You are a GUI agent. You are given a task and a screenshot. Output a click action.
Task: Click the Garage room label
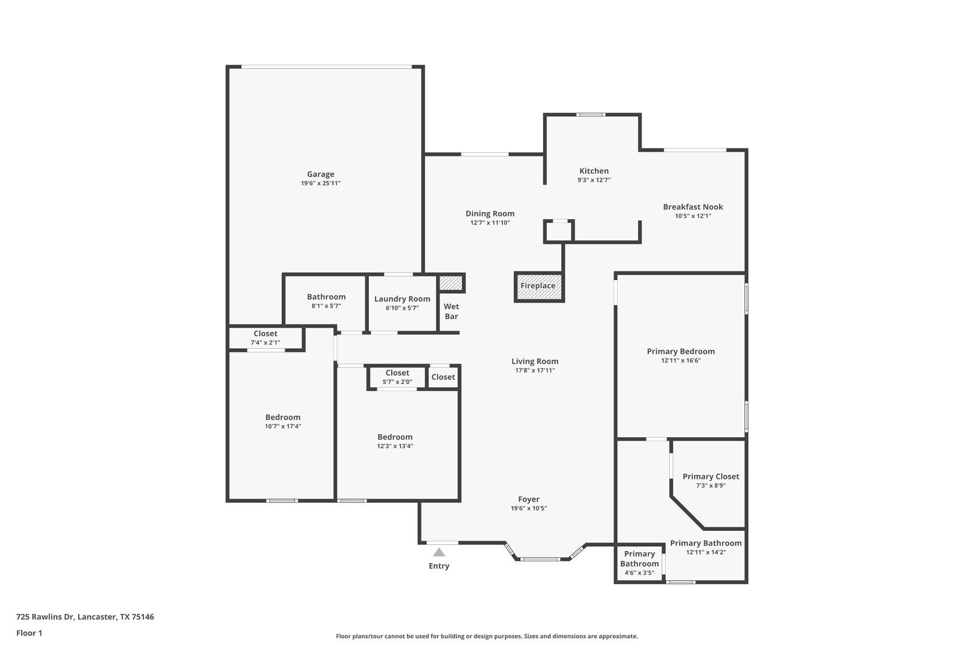[320, 174]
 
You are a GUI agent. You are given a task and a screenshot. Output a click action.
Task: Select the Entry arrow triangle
[439, 552]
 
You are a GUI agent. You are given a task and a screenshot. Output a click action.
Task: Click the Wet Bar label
[451, 311]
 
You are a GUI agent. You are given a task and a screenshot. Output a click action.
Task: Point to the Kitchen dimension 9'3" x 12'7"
[594, 180]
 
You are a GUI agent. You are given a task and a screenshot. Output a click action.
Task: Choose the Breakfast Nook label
[693, 207]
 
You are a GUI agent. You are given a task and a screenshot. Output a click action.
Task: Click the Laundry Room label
[402, 299]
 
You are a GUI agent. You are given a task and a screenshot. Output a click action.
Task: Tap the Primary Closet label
[710, 477]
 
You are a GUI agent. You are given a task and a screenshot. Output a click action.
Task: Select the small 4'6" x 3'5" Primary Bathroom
[639, 563]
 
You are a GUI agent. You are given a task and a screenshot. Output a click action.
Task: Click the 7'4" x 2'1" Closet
[265, 338]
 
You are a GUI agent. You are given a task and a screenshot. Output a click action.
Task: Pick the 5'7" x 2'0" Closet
[397, 377]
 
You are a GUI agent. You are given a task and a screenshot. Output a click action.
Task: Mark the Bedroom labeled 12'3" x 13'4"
[394, 441]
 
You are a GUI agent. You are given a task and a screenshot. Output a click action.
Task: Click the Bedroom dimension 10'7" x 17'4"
[282, 426]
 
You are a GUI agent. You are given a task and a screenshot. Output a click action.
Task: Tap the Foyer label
[528, 499]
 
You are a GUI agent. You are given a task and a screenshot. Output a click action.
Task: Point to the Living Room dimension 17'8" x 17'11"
[534, 370]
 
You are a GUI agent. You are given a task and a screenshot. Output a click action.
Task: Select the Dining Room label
[489, 214]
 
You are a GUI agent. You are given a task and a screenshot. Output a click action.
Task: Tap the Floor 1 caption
[29, 633]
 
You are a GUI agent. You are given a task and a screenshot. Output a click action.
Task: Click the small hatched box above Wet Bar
[451, 283]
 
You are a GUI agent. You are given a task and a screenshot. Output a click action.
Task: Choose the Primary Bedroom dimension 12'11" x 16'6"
[681, 360]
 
